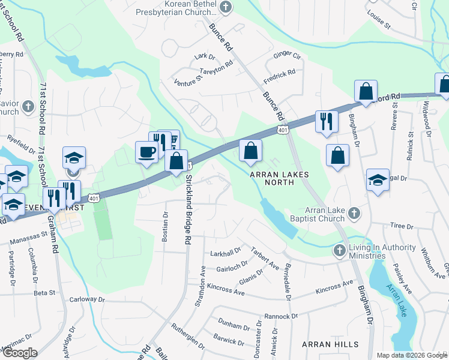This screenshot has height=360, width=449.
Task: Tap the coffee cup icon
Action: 146,151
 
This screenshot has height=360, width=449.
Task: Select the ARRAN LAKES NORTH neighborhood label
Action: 279,178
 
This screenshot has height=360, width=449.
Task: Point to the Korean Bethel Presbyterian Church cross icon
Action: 226,8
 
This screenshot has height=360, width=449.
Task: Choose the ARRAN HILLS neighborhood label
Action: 330,344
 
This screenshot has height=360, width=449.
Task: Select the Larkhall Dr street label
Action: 225,251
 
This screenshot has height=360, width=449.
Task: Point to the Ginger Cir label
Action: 287,55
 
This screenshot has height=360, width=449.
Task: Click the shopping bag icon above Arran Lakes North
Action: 251,151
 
